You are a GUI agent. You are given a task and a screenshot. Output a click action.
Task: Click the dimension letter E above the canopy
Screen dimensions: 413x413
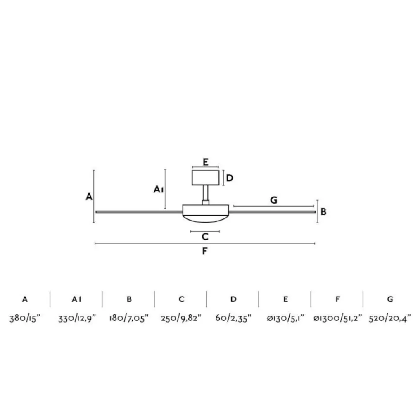[205, 162]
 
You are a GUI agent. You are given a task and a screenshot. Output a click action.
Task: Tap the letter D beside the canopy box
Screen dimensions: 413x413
[230, 178]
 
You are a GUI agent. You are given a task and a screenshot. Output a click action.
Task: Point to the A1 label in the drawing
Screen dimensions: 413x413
[159, 189]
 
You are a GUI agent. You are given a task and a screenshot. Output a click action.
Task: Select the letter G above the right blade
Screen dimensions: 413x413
[274, 200]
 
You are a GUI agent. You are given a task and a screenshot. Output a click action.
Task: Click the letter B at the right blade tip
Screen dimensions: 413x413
[323, 212]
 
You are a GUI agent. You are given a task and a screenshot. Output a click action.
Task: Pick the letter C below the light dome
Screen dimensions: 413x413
[205, 237]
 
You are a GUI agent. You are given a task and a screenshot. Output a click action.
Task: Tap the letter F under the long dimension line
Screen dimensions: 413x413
[205, 251]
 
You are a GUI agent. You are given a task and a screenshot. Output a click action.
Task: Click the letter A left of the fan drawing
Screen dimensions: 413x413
[89, 197]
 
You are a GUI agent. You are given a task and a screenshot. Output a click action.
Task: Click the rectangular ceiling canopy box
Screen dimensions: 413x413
[205, 178]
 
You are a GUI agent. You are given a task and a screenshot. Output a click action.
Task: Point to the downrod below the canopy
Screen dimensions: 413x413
[205, 193]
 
